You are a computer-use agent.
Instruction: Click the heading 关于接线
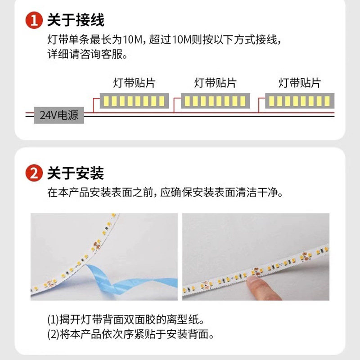[76, 21]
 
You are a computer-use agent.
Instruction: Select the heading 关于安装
[76, 173]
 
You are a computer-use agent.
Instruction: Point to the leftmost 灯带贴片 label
[134, 83]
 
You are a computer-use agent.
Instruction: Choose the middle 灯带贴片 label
[215, 83]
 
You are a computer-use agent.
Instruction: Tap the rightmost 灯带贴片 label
[299, 83]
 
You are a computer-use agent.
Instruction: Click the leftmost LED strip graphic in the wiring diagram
[134, 101]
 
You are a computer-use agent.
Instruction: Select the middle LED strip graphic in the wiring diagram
[215, 101]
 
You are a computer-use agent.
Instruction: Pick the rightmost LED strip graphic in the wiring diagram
[299, 101]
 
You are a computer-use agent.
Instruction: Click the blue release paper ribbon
[103, 279]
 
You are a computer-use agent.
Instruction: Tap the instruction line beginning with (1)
[126, 320]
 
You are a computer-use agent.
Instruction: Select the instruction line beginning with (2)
[130, 334]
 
